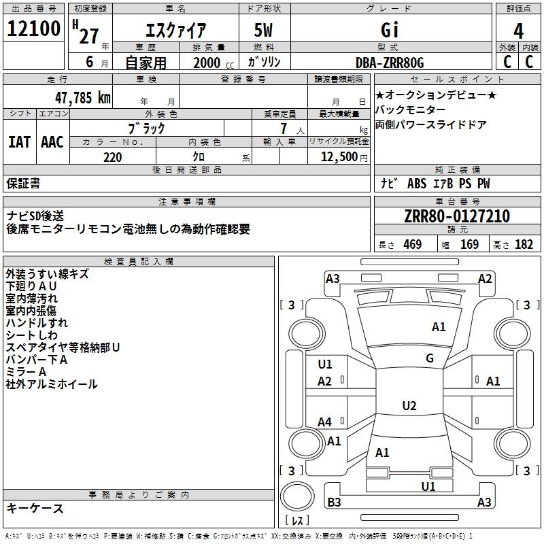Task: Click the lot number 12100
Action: coord(33,29)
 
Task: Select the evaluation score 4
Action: coord(518,31)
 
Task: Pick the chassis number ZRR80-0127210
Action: coord(456,217)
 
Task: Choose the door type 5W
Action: coord(265,30)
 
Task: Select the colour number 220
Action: coord(112,157)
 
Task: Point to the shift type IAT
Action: coord(19,142)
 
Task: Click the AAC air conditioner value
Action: coord(52,142)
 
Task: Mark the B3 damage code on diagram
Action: coord(334,503)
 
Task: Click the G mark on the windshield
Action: coord(430,358)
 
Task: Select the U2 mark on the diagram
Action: coord(409,406)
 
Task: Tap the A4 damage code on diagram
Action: coord(325,422)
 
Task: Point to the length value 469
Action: coord(412,245)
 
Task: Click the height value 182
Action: coord(524,245)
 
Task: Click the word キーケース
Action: coord(35,509)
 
